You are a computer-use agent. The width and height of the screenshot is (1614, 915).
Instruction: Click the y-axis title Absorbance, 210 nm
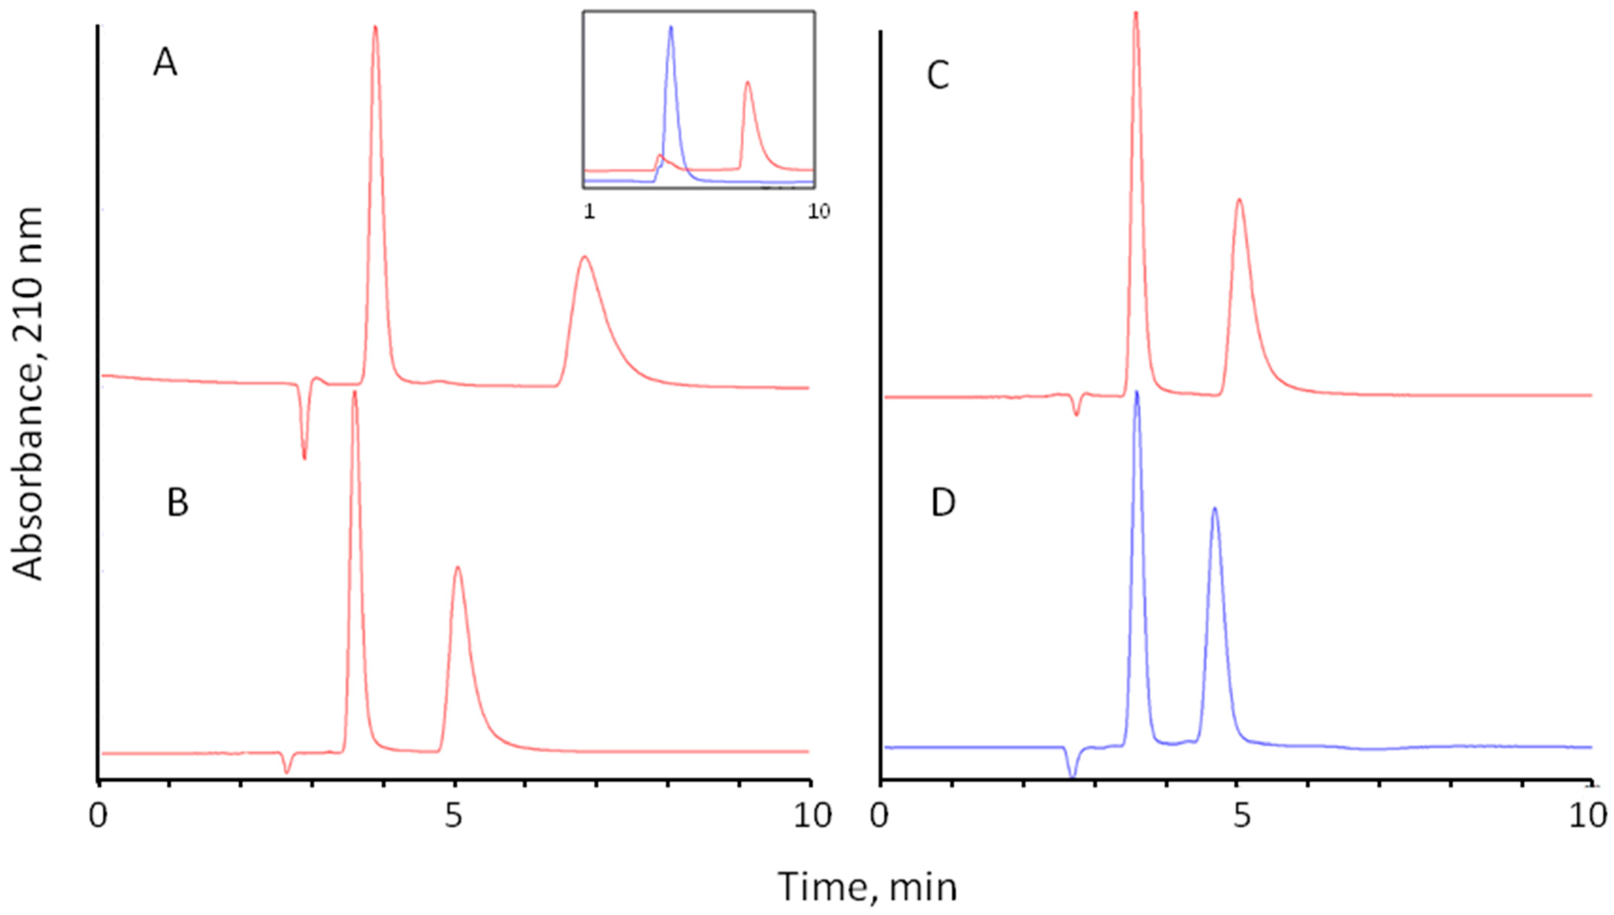coord(28,395)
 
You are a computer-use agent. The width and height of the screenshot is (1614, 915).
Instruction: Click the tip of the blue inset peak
coord(671,27)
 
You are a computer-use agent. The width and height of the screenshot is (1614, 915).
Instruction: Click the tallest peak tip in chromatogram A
coord(375,26)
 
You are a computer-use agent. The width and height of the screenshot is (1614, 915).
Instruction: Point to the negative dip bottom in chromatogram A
coord(305,458)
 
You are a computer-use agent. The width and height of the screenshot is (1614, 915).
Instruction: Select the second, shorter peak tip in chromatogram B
coord(457,567)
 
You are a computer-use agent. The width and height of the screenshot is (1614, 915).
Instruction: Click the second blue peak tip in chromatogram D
coord(1215,508)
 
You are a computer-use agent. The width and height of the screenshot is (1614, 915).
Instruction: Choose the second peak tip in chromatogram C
coord(1239,217)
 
